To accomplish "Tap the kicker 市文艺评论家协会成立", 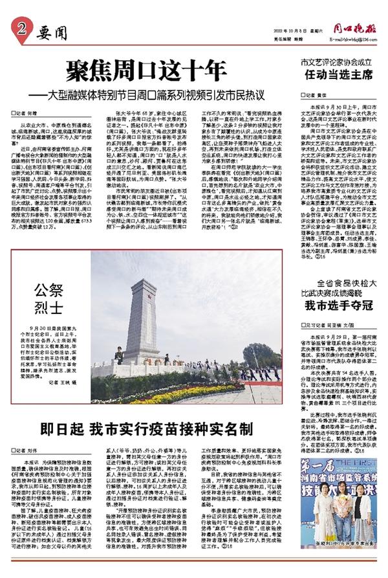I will coord(336,63).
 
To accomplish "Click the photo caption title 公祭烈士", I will coord(50,294).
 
